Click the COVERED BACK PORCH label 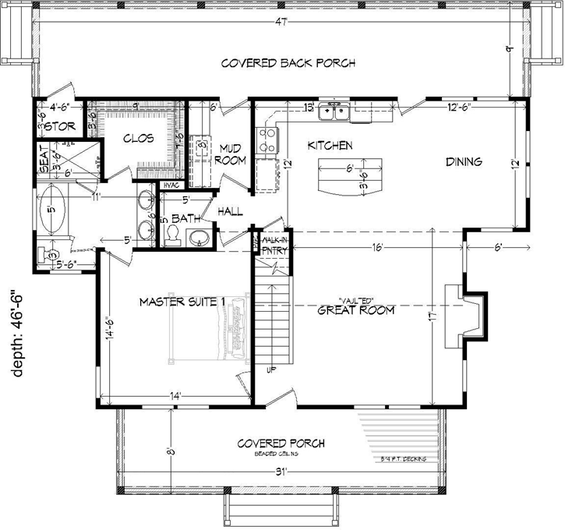288,62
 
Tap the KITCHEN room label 330,146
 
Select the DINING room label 464,162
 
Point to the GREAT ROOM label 355,309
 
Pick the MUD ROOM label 232,154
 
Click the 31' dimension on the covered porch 280,470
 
